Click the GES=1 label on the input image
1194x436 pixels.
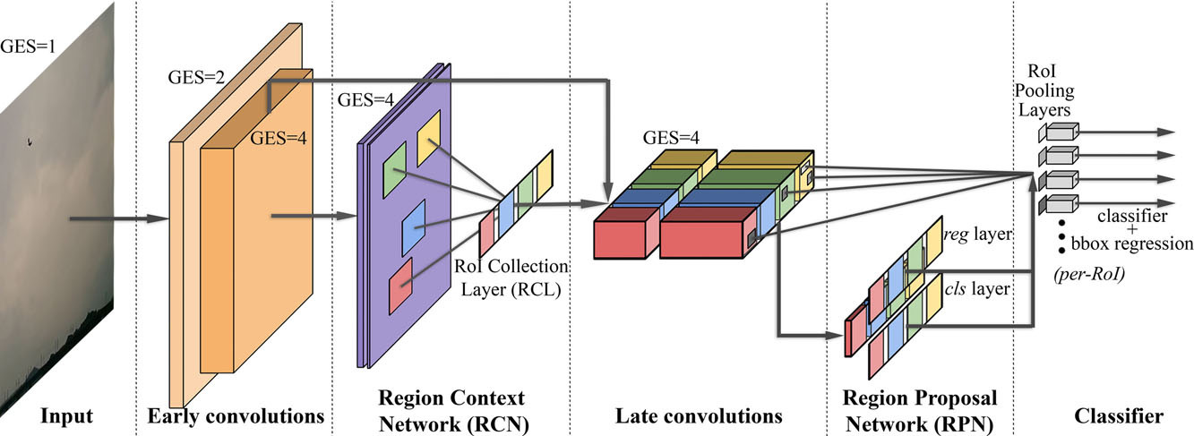tap(30, 42)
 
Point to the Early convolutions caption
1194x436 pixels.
tap(235, 415)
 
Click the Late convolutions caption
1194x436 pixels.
tap(699, 415)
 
